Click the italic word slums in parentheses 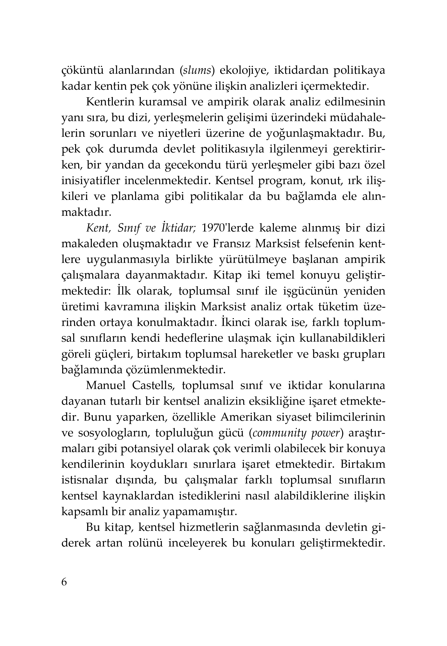[197, 71]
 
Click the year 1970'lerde [228, 228]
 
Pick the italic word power [325, 433]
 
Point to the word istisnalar [85, 480]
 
